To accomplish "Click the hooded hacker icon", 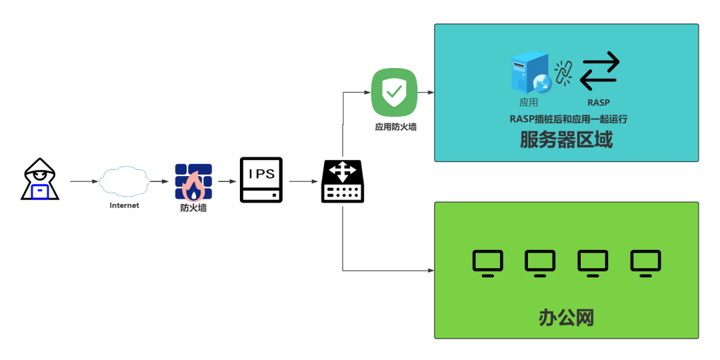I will click(41, 179).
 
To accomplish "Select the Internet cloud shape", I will click(124, 181).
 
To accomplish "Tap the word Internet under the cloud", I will click(124, 205).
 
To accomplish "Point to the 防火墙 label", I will click(193, 208).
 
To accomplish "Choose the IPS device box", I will click(261, 180).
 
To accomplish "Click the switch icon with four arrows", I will click(343, 181).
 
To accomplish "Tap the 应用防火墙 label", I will click(395, 126).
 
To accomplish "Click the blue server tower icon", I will click(529, 73).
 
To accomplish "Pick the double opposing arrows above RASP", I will click(599, 71).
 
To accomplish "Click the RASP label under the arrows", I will click(598, 103).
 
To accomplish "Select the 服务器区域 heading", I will click(566, 140).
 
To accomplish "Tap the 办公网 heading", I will click(566, 317).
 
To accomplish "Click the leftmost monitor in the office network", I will click(487, 263).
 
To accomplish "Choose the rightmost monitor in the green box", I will click(645, 263).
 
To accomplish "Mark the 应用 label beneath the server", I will click(529, 103).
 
